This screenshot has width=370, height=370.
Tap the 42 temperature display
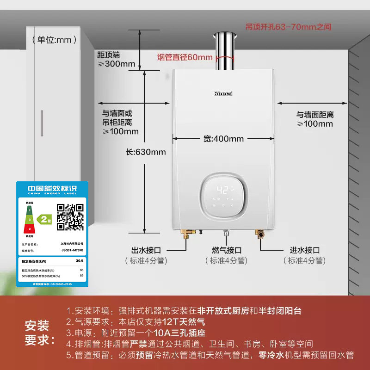[223, 190]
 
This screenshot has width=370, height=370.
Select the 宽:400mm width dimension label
[223, 138]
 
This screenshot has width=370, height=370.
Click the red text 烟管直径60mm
[185, 58]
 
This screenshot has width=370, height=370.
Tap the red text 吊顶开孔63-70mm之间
[288, 27]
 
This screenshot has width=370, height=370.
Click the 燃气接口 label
[227, 250]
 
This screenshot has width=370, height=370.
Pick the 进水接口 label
[305, 250]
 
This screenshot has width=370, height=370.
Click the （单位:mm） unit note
[55, 40]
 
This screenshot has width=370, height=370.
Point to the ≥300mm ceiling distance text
[116, 64]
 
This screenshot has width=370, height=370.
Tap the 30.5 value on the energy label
[80, 261]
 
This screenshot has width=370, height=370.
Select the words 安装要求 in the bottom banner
[37, 333]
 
